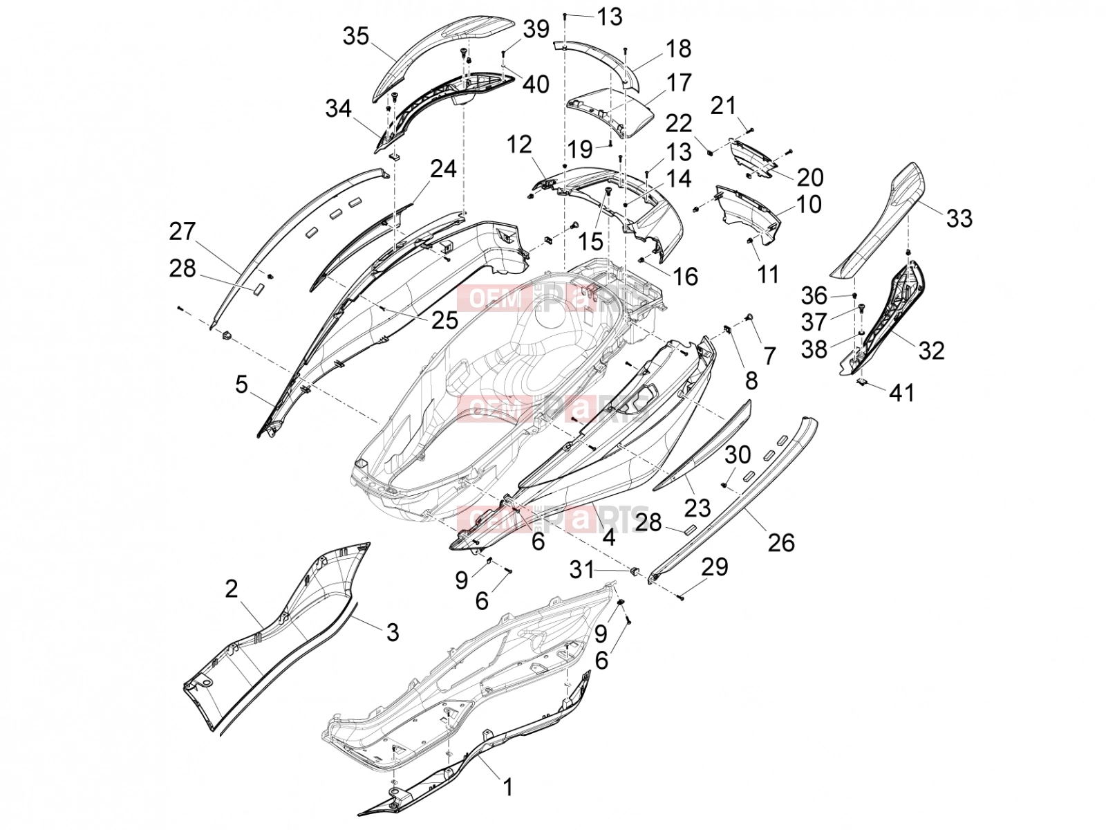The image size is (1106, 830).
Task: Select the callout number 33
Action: coord(959,218)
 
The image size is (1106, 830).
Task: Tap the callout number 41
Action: coord(901,392)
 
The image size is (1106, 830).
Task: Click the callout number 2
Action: coord(231,588)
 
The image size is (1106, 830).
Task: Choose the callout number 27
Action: coord(181,231)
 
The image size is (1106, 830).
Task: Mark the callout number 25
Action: coord(444,320)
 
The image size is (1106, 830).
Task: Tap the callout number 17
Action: coord(679,82)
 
